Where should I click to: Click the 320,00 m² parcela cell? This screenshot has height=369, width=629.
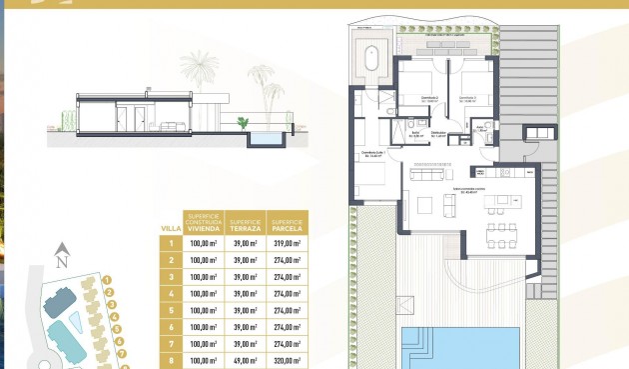point(288,361)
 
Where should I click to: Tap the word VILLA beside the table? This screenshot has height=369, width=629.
point(171,228)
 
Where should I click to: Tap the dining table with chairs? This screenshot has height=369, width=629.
point(498,236)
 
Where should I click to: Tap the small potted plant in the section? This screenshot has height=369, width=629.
point(242,122)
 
